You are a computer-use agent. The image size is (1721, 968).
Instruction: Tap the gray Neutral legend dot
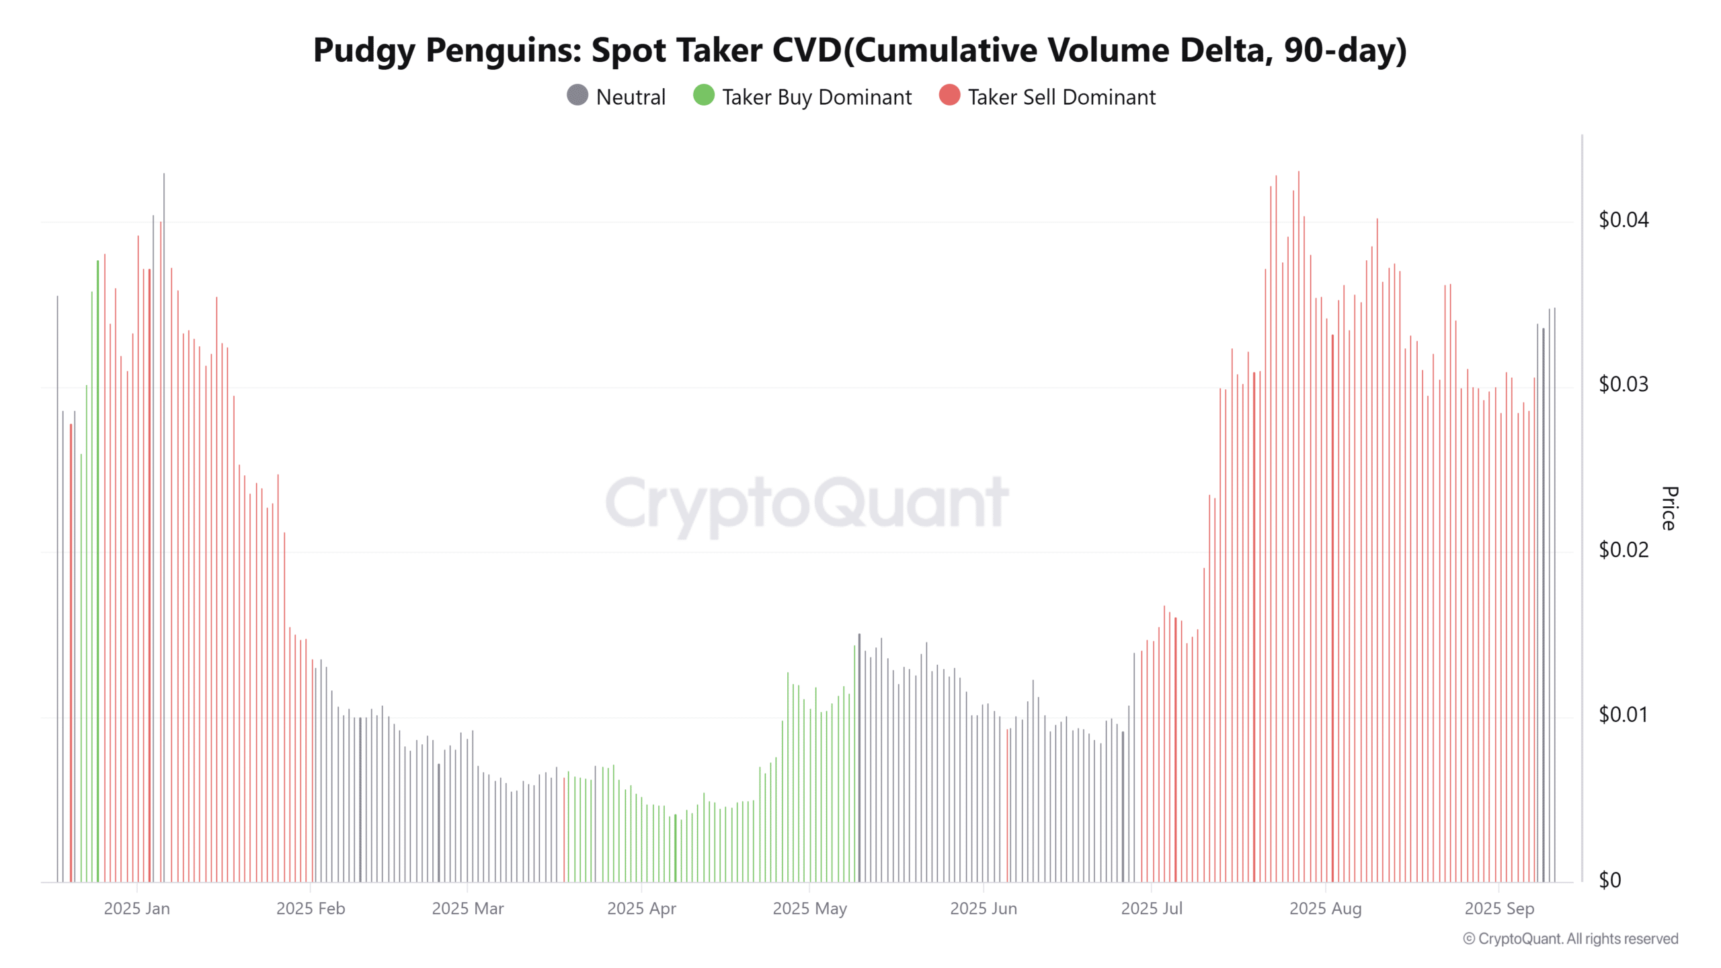[577, 95]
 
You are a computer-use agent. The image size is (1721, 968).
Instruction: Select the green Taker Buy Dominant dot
[703, 95]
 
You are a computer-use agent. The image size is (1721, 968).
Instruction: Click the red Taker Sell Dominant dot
[949, 95]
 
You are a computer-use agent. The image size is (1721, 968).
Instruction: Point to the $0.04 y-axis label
[1623, 220]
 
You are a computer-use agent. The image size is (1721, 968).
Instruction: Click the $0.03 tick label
[1623, 385]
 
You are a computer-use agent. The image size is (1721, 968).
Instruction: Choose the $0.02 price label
[1623, 550]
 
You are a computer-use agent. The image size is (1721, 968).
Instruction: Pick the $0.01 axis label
[1623, 715]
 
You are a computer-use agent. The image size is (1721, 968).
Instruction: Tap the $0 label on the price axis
[1609, 880]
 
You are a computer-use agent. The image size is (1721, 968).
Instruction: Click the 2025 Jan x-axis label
[136, 909]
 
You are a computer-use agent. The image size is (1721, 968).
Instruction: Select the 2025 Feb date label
[311, 909]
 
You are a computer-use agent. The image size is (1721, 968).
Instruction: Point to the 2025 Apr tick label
[641, 909]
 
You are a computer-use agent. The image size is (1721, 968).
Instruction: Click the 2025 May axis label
[809, 909]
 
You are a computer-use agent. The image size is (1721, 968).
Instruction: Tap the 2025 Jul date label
[1151, 909]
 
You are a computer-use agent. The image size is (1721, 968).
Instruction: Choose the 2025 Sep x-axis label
[1499, 909]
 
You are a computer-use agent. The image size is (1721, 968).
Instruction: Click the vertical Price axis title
[1669, 508]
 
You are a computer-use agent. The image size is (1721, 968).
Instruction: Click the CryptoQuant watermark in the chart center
[807, 503]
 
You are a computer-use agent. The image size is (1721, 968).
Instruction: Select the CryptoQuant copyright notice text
[1570, 939]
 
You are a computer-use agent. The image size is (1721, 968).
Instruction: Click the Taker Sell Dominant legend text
[1062, 97]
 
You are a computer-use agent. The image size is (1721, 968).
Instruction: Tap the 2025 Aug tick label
[1325, 909]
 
